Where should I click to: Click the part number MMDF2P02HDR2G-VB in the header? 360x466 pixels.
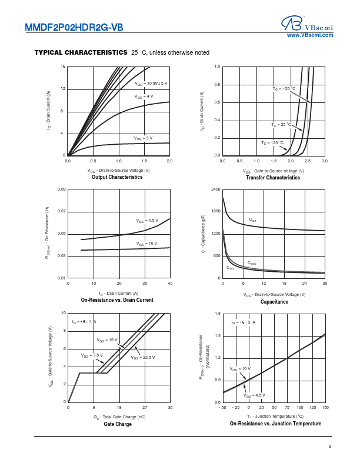(x=74, y=26)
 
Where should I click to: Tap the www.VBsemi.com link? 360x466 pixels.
(x=310, y=36)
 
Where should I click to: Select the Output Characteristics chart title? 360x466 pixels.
(x=117, y=177)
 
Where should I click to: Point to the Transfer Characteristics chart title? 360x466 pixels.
(x=272, y=177)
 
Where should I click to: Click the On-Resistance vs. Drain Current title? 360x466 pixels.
(x=117, y=300)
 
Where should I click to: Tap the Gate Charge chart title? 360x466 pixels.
(x=118, y=424)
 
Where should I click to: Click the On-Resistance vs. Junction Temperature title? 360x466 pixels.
(x=275, y=424)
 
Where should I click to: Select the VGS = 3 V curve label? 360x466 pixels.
(x=143, y=138)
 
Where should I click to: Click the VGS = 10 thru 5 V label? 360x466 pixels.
(x=151, y=84)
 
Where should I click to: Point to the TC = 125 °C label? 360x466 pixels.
(x=272, y=143)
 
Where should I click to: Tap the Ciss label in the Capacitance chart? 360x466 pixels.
(x=252, y=220)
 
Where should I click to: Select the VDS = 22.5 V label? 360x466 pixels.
(x=143, y=357)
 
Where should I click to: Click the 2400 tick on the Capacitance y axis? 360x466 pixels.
(x=215, y=189)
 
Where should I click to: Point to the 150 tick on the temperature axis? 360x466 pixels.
(x=325, y=407)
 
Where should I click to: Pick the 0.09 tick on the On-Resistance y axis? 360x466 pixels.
(x=61, y=189)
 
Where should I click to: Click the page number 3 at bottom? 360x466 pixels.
(x=330, y=447)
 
